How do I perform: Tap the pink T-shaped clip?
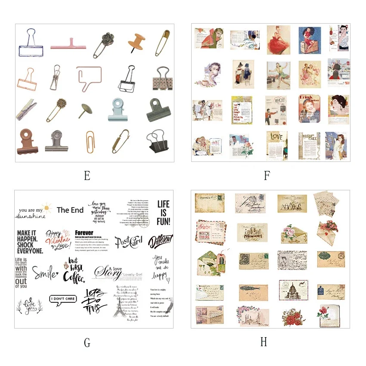68,44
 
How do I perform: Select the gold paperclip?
90,142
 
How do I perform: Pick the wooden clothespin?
27,109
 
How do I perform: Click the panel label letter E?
87,176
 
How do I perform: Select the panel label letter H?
263,342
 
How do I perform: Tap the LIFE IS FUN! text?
163,213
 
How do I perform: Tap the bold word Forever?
84,233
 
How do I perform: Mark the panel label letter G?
87,342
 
